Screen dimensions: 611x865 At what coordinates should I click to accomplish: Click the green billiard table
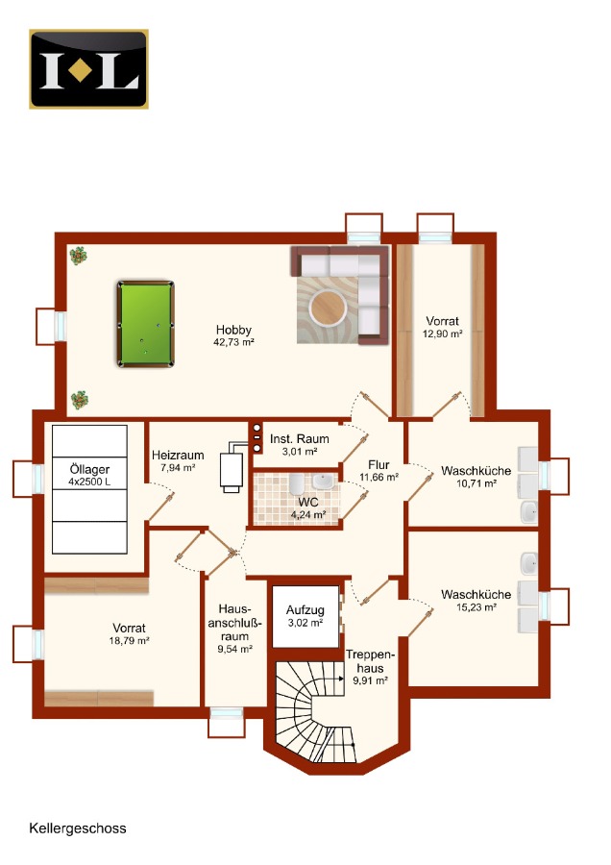[146, 324]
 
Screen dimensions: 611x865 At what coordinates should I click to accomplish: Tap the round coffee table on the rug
[328, 308]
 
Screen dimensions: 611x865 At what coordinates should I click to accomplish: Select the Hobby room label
[233, 330]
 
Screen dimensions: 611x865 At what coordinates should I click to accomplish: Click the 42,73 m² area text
[233, 342]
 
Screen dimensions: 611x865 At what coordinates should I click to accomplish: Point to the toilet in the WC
[297, 483]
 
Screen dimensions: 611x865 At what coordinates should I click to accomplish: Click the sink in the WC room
[323, 482]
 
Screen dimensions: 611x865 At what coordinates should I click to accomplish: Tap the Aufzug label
[305, 610]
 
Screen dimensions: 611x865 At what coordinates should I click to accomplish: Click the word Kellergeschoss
[78, 828]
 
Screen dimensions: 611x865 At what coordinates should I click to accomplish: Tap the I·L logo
[88, 69]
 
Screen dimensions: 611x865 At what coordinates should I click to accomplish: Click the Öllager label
[89, 469]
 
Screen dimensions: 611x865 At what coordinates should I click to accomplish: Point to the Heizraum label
[178, 456]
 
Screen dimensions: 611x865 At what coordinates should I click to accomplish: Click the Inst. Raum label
[300, 439]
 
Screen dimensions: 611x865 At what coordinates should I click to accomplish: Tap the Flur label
[379, 465]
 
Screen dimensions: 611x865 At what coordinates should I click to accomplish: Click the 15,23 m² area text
[476, 607]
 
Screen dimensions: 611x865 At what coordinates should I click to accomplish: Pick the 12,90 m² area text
[442, 334]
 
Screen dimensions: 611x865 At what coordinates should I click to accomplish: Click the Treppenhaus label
[371, 661]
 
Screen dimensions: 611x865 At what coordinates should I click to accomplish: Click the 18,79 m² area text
[129, 641]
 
